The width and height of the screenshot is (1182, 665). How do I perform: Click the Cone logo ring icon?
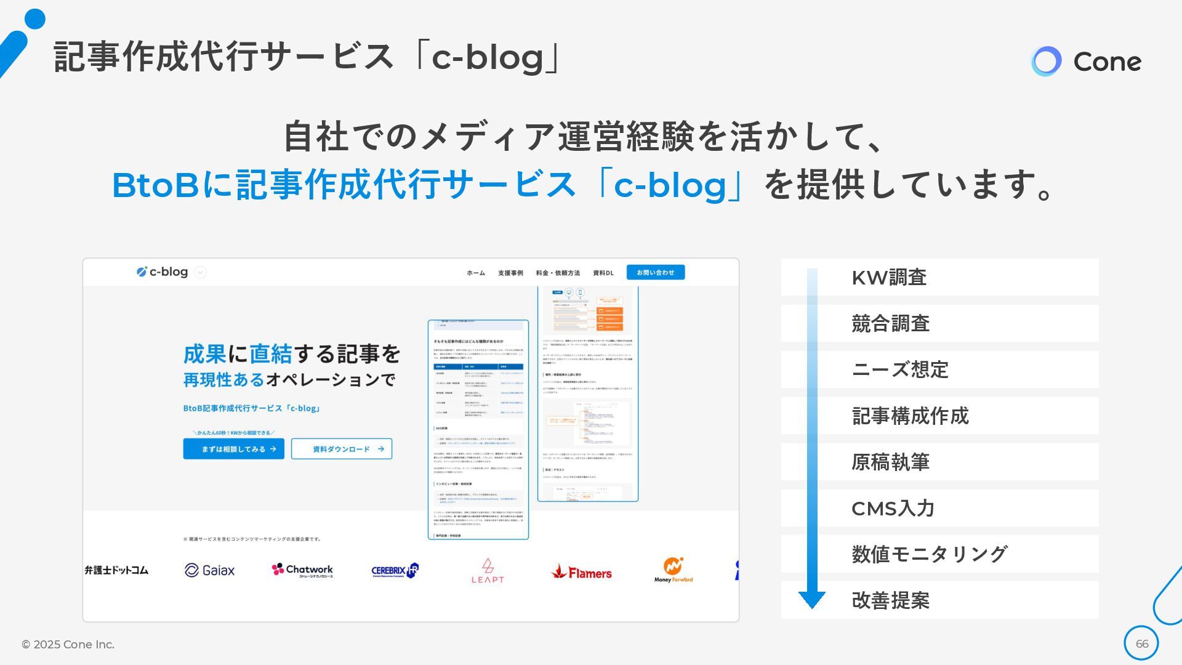click(1046, 62)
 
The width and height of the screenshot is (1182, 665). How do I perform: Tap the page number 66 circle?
click(1141, 643)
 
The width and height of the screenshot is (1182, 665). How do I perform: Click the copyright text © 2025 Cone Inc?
click(68, 644)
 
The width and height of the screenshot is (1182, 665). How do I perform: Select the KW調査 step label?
click(889, 278)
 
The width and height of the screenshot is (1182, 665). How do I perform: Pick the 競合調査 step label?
click(890, 323)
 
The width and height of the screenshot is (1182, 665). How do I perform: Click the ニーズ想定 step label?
click(899, 369)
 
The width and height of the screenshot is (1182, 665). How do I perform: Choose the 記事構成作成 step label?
click(910, 416)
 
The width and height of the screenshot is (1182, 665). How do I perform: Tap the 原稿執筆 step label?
click(890, 462)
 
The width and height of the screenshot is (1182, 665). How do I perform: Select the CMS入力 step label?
click(893, 508)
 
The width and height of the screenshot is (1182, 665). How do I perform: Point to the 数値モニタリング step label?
click(929, 554)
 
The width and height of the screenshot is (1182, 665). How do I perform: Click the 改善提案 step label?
click(890, 600)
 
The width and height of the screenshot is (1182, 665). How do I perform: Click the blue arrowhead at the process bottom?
click(812, 599)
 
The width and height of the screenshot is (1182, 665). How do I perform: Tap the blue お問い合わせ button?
click(655, 272)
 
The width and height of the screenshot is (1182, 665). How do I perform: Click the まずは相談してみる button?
click(233, 449)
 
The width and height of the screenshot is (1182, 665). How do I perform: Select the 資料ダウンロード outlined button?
click(342, 449)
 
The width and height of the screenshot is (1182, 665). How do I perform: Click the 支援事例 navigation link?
click(510, 273)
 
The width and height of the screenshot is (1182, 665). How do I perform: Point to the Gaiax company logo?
click(210, 570)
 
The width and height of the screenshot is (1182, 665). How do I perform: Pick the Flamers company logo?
click(581, 573)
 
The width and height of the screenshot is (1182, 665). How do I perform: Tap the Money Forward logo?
click(673, 570)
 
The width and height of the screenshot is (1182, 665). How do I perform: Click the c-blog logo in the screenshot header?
click(163, 272)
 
